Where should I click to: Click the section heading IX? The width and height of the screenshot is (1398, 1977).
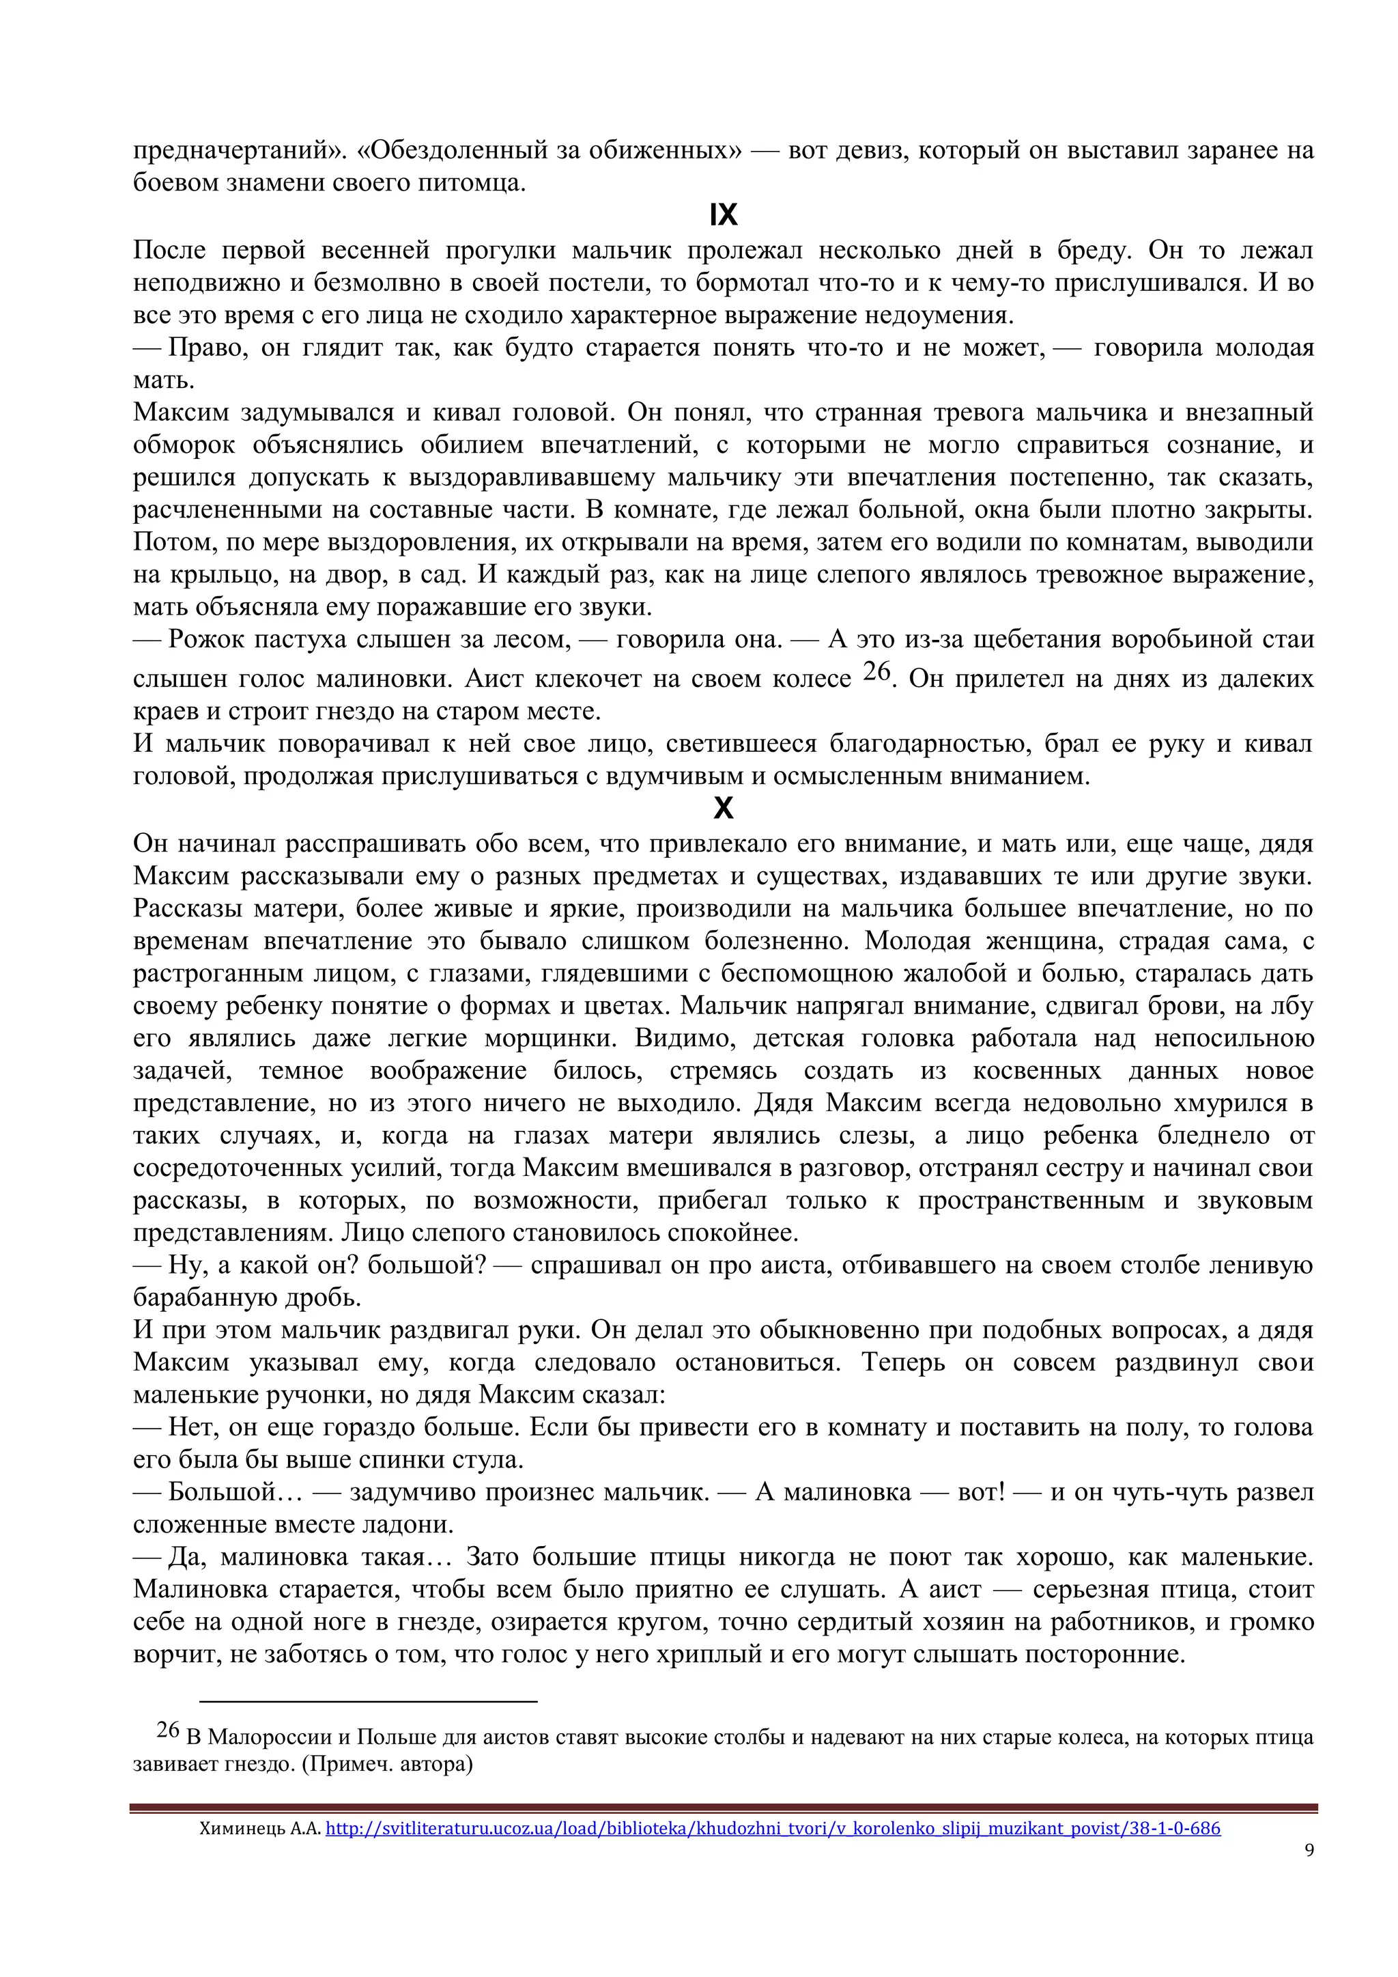pos(723,215)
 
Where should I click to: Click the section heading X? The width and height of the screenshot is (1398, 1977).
pos(723,809)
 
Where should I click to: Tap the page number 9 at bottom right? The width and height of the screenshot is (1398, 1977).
pos(1309,1849)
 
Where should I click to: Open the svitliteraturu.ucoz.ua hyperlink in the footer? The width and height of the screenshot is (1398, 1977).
pos(772,1827)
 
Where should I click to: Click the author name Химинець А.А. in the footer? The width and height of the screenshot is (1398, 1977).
pos(259,1828)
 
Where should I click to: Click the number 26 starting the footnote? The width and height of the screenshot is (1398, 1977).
pos(168,1730)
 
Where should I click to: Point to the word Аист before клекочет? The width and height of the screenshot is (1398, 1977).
pos(495,679)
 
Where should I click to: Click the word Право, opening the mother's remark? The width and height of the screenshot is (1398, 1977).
pos(204,348)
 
